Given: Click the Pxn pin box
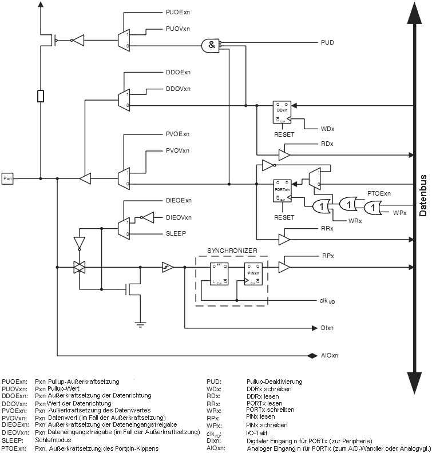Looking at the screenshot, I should (7, 178).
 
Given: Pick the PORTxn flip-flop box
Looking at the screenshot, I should (282, 190).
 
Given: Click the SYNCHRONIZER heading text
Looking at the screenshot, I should (232, 250).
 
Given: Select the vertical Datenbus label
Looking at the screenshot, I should (423, 194).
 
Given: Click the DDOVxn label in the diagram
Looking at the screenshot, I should (178, 89).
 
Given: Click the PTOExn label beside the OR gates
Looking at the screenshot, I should (379, 194).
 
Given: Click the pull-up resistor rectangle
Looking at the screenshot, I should (40, 96).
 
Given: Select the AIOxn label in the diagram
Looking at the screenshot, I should (330, 356).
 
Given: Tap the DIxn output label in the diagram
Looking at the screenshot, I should (327, 328).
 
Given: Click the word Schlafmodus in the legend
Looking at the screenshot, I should (52, 440).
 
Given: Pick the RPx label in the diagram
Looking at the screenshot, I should (328, 256).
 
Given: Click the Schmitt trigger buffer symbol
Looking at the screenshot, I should (168, 267).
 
